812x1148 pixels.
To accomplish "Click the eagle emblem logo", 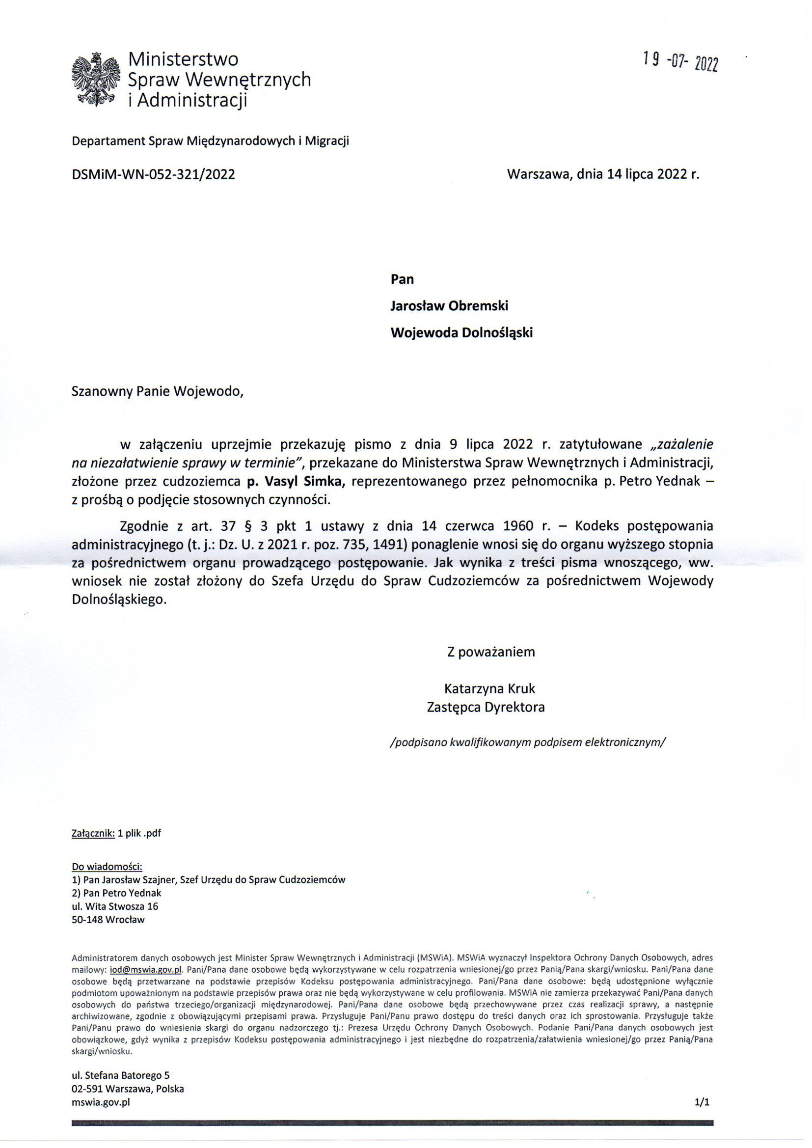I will (96, 80).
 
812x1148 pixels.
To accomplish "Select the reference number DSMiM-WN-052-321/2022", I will (153, 174).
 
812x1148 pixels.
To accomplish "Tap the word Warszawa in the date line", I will (539, 174).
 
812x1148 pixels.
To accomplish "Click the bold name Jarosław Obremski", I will (449, 305).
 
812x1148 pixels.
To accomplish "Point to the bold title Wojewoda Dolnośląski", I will (461, 332).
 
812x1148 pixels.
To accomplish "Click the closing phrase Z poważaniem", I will (491, 652).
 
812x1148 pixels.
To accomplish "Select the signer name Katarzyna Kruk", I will (489, 688).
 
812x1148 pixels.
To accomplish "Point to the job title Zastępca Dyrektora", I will (486, 708).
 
